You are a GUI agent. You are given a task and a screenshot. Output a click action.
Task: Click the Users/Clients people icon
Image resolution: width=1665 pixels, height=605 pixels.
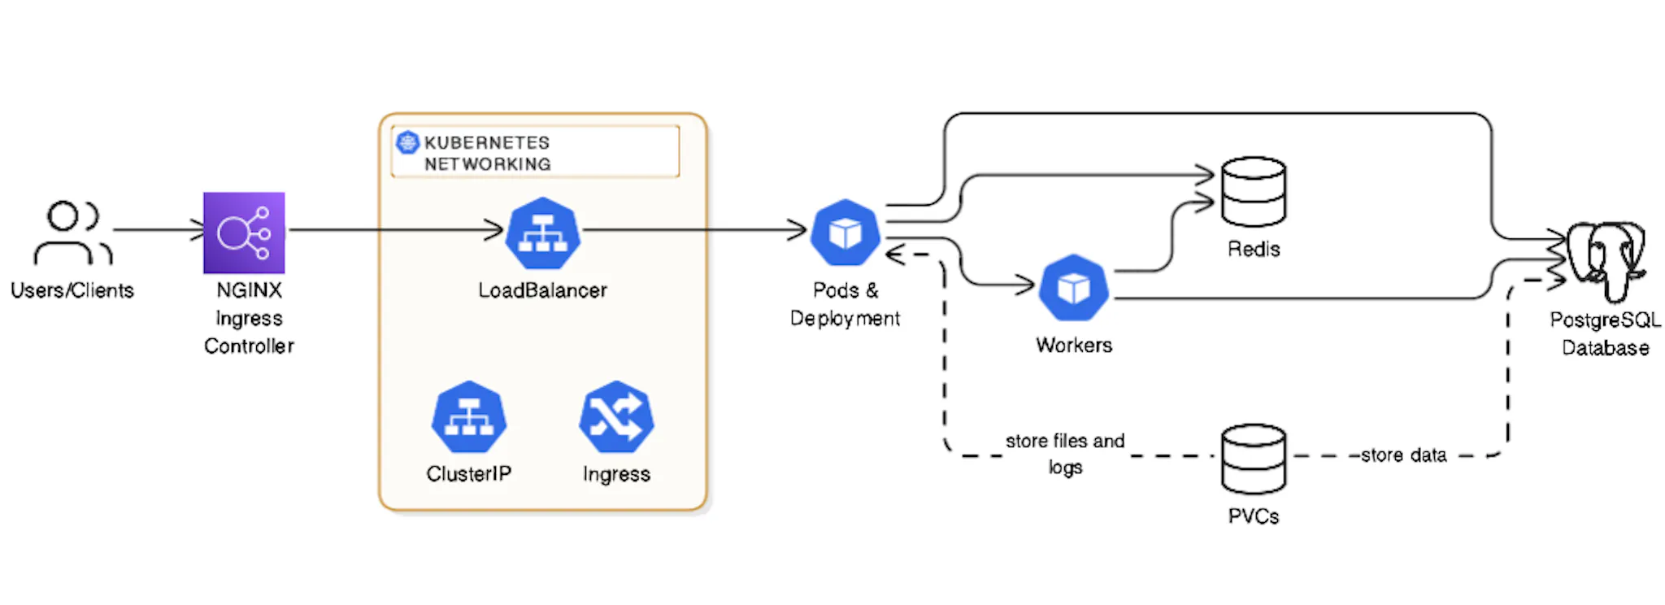(72, 233)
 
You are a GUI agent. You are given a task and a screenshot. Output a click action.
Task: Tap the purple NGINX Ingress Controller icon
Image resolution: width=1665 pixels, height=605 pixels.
(244, 233)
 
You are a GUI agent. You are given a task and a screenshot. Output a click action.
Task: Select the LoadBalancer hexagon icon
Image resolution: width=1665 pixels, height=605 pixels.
(543, 233)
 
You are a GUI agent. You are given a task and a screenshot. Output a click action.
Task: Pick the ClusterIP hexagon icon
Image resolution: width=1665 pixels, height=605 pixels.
(469, 417)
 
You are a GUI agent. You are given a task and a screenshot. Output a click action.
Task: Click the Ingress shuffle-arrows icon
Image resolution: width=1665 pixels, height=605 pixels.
(616, 417)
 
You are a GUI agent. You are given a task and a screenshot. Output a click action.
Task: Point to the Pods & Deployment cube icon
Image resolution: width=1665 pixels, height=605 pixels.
(846, 233)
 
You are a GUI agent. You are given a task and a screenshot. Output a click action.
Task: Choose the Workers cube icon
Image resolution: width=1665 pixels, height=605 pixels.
(1074, 288)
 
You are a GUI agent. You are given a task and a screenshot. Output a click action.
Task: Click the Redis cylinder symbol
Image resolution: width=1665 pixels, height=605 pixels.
(1254, 192)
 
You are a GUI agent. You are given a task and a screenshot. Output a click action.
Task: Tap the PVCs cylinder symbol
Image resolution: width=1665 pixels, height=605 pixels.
(1254, 459)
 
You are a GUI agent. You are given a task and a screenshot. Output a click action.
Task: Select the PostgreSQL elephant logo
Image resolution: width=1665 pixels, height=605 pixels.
(1606, 260)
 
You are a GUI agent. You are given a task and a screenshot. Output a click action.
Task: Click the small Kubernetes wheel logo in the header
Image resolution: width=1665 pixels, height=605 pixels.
(406, 142)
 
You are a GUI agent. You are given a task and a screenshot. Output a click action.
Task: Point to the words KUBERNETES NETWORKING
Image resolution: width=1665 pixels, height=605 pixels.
(487, 153)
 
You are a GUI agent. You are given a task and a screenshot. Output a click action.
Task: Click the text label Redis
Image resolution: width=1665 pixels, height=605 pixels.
(1254, 249)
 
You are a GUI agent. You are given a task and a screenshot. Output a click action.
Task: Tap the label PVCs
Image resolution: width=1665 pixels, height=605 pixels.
(1254, 516)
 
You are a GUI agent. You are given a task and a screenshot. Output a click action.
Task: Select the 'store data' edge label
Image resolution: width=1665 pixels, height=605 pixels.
(1403, 455)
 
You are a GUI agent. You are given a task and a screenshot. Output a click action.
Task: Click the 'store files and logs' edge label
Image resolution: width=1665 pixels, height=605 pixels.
(1065, 454)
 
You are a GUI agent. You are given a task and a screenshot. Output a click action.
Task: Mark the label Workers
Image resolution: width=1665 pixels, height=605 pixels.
(1074, 345)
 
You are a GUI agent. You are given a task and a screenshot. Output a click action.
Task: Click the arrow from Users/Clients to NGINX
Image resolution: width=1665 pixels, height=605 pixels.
(159, 230)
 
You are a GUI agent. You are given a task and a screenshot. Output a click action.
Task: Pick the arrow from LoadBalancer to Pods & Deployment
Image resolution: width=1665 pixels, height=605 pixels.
(695, 230)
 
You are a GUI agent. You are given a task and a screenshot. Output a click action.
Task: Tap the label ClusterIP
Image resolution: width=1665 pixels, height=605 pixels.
(469, 474)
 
